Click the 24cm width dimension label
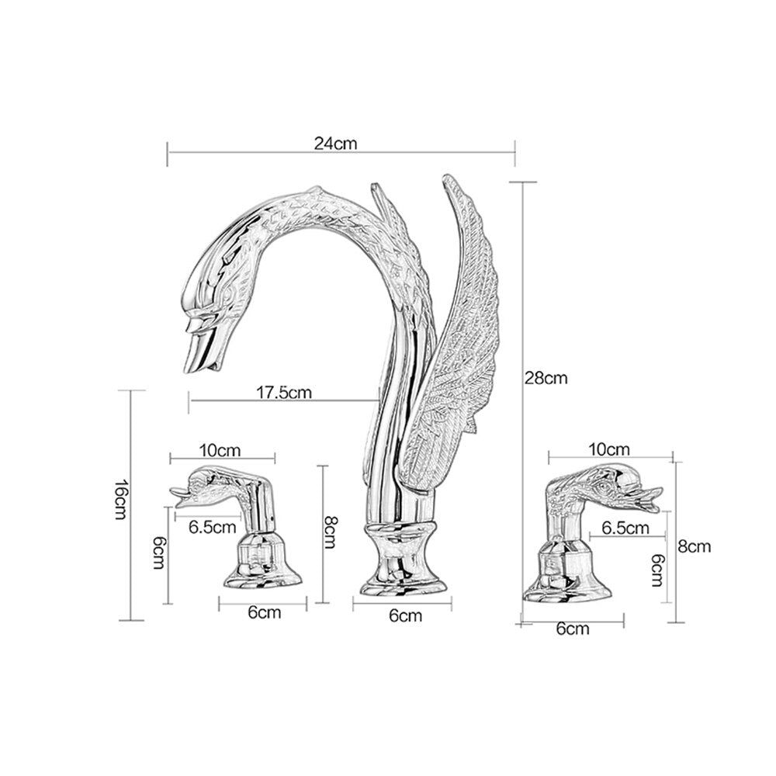click(x=335, y=144)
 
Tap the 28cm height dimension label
click(x=546, y=378)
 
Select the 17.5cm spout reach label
click(x=284, y=393)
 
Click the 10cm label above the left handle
click(x=220, y=451)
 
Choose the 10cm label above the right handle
click(x=609, y=449)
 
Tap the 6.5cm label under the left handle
click(x=213, y=527)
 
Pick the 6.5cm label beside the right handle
click(x=625, y=528)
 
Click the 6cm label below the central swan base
click(x=406, y=615)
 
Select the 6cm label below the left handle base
click(x=265, y=613)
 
